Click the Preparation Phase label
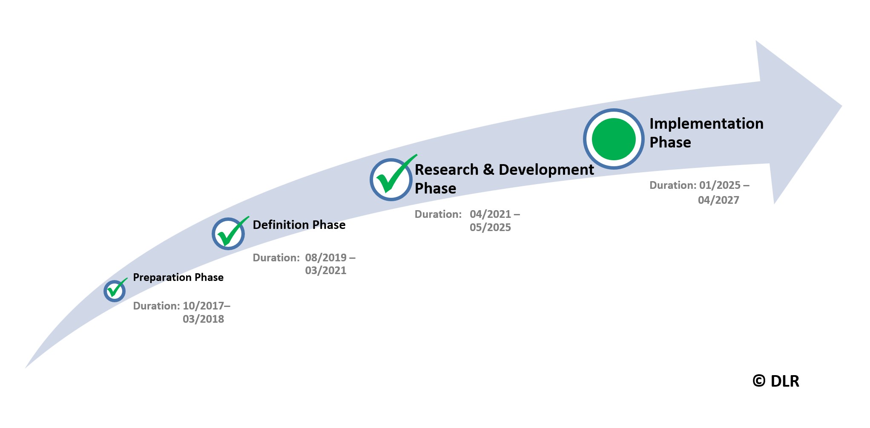178,278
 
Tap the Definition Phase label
299,225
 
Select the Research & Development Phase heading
504,179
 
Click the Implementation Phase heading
706,133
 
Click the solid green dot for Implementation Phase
614,139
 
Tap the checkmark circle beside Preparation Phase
115,291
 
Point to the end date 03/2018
203,319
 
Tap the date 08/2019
326,257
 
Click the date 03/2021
326,270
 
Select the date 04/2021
491,214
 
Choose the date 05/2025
490,227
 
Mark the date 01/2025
720,185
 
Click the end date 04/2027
718,200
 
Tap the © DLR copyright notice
776,381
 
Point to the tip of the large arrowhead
842,106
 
